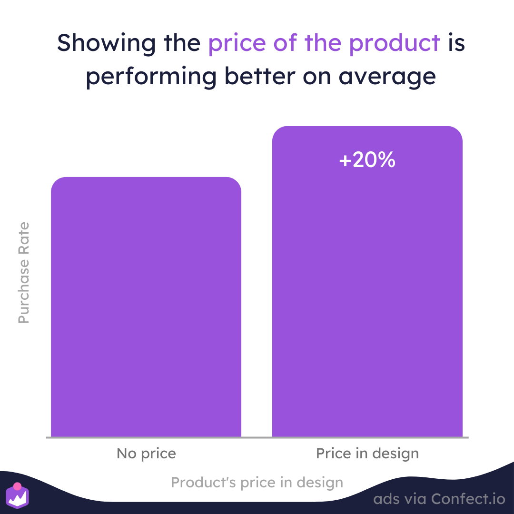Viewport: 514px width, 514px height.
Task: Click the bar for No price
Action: pyautogui.click(x=146, y=307)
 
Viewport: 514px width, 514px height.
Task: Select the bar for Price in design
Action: pyautogui.click(x=367, y=281)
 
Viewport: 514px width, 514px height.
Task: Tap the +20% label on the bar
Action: pyautogui.click(x=367, y=160)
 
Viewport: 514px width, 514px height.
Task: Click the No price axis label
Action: pyautogui.click(x=146, y=454)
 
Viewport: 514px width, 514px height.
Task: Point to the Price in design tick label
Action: pyautogui.click(x=367, y=454)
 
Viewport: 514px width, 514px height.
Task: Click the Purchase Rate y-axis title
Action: pyautogui.click(x=24, y=273)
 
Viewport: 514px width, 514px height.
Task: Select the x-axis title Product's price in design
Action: pyautogui.click(x=257, y=483)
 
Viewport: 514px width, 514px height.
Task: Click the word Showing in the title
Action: pyautogui.click(x=106, y=43)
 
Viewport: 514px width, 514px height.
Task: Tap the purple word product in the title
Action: pyautogui.click(x=395, y=43)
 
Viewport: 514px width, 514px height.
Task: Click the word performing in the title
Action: pyautogui.click(x=151, y=77)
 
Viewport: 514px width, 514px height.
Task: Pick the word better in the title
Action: pyautogui.click(x=260, y=76)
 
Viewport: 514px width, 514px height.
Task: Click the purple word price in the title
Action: pyautogui.click(x=237, y=44)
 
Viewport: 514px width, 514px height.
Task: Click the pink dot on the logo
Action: pyautogui.click(x=18, y=486)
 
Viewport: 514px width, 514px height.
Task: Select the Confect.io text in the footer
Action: pyautogui.click(x=468, y=499)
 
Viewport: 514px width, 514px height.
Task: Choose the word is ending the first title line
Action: pyautogui.click(x=456, y=43)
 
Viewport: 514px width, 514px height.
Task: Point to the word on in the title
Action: pyautogui.click(x=316, y=78)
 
